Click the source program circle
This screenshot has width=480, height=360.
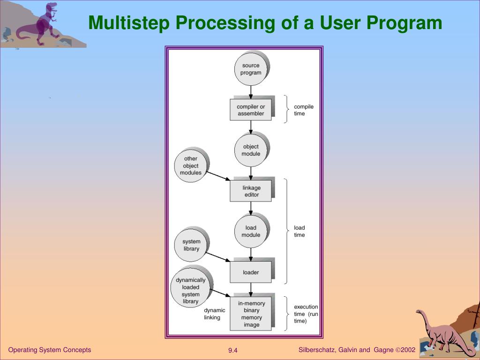(251, 69)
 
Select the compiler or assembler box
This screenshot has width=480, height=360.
(251, 110)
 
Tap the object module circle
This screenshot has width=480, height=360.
(251, 150)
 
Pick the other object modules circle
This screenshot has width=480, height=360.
(191, 166)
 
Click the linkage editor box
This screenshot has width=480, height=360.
(251, 191)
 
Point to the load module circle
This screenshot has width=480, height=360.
(251, 232)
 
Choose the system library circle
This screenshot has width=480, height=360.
(191, 245)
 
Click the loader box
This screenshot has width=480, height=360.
(251, 272)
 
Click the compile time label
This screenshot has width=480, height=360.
(303, 110)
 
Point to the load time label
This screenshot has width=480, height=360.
(299, 232)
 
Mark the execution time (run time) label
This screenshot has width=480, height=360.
(306, 314)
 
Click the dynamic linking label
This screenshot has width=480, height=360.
(214, 314)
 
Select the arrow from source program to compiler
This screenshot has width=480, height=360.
(251, 92)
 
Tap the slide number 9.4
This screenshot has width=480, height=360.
(233, 351)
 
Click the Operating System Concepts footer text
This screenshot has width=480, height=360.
(50, 350)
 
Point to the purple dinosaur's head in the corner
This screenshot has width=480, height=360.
(52, 7)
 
